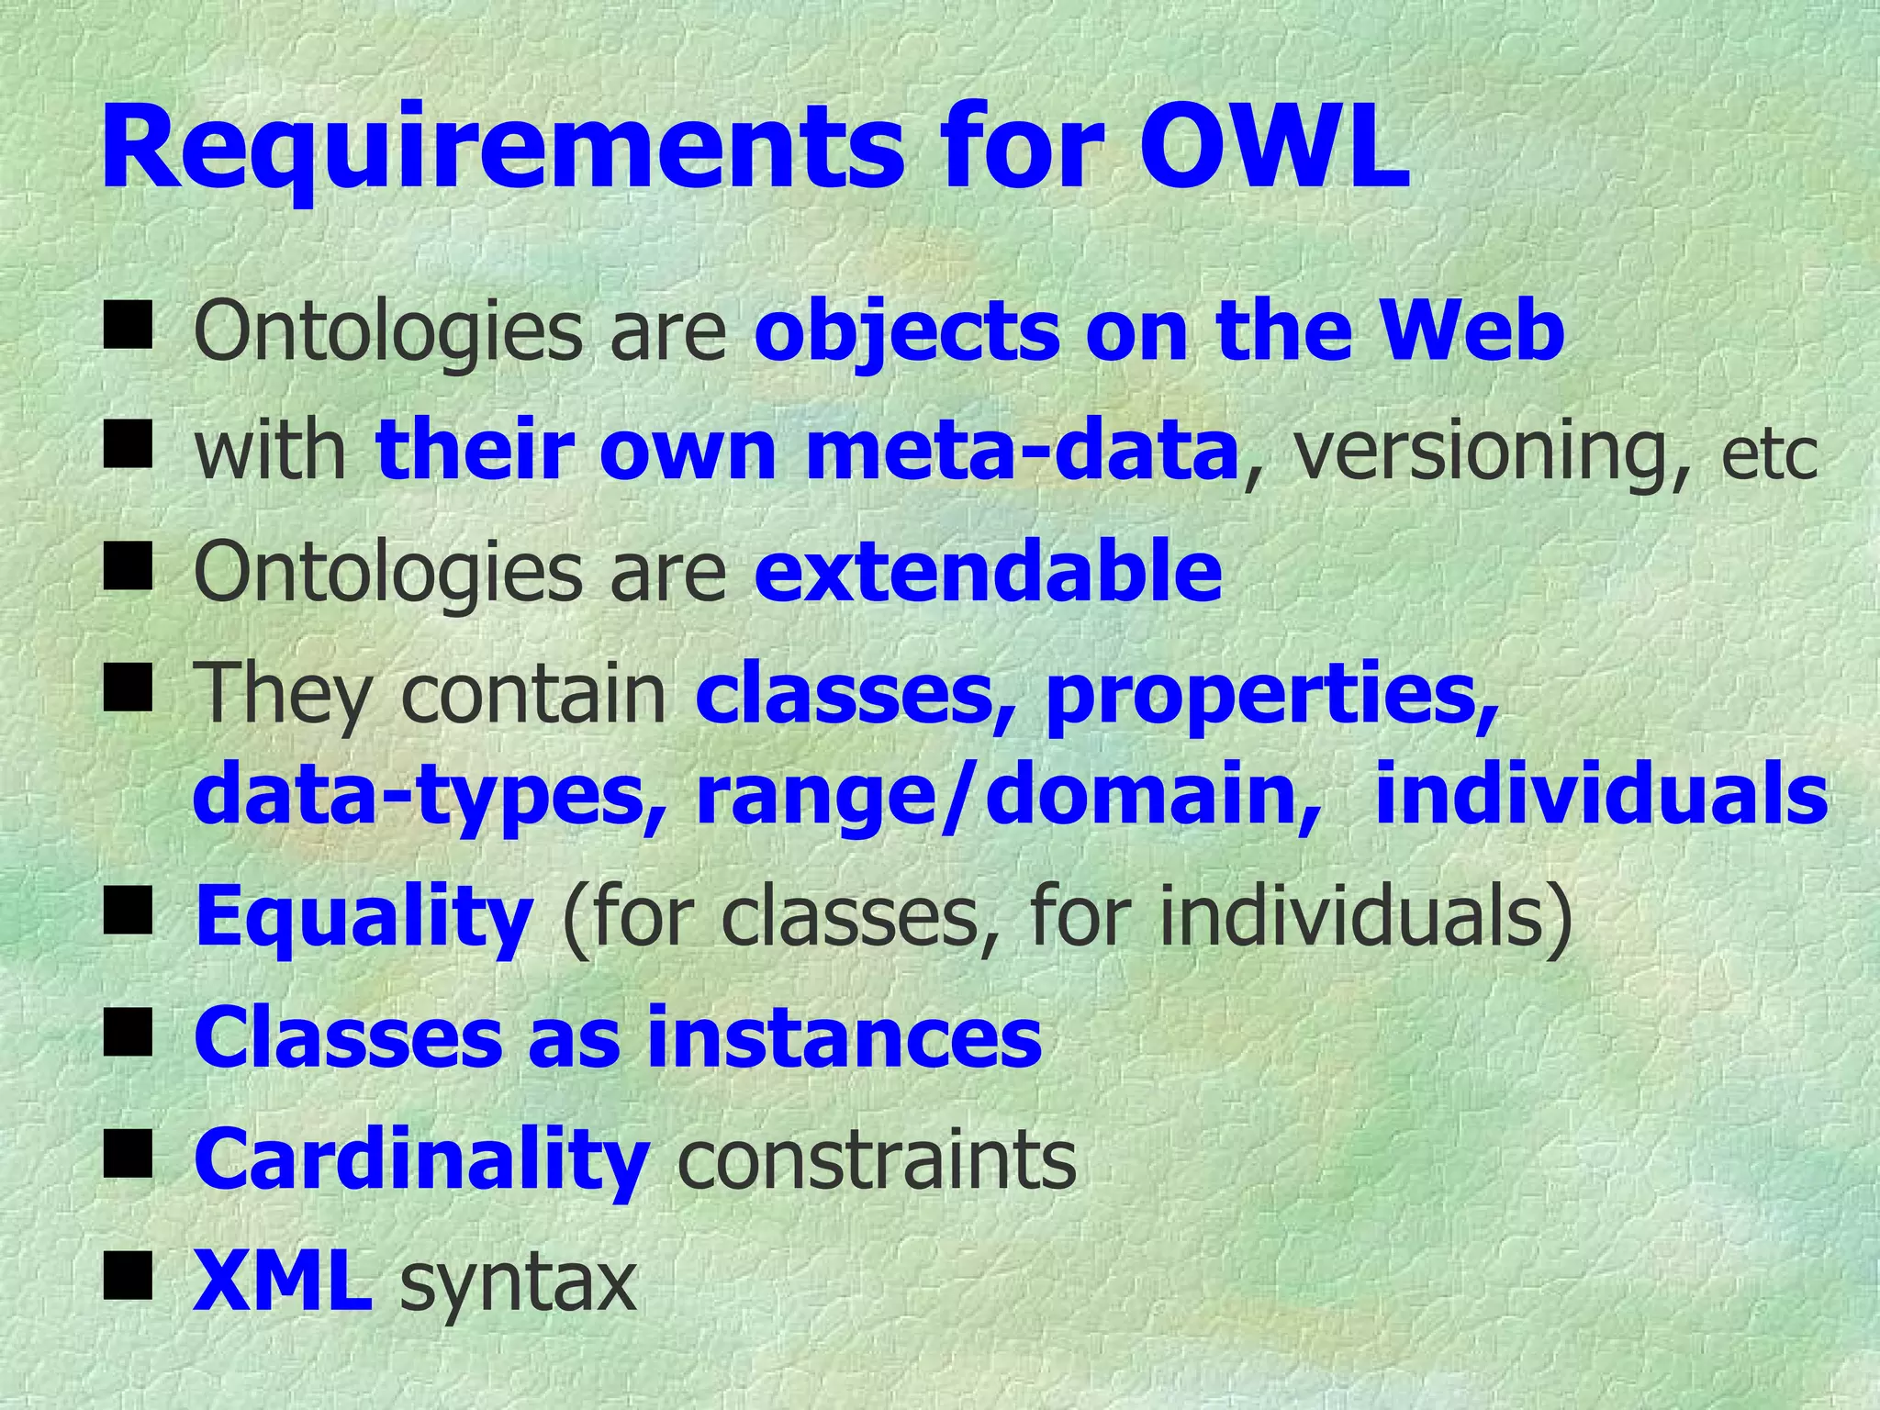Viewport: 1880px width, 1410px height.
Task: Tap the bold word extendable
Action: point(988,571)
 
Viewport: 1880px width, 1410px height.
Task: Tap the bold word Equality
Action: point(364,918)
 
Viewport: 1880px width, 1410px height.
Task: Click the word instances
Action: point(844,1037)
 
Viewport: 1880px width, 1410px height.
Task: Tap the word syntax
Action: point(518,1283)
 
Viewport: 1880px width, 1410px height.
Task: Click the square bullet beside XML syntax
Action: point(128,1277)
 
